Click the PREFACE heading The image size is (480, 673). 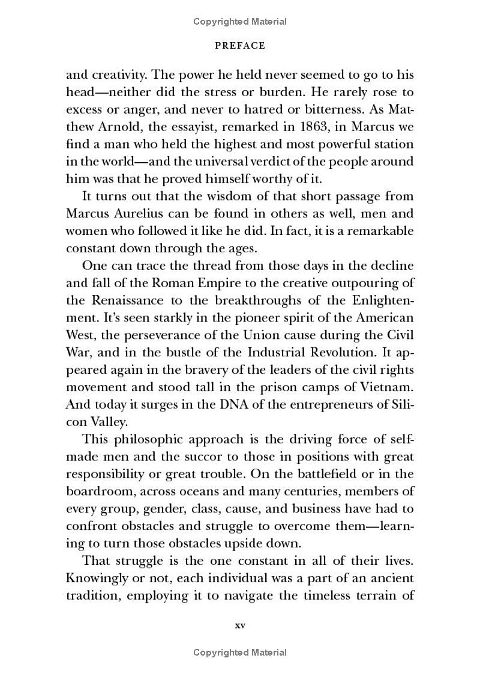240,45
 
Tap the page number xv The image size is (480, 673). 239,625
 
